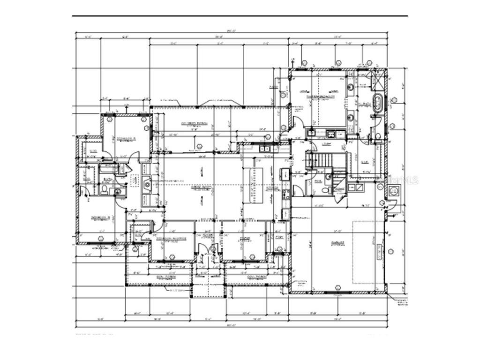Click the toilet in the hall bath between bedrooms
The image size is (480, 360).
click(x=105, y=189)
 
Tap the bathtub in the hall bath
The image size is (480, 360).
click(x=109, y=167)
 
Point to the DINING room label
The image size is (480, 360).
click(x=244, y=238)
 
